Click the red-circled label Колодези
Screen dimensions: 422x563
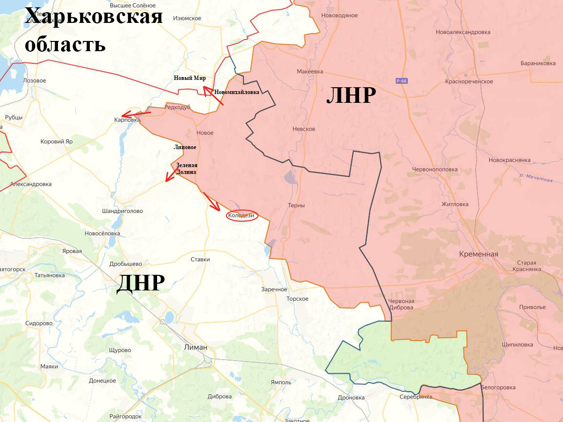point(241,215)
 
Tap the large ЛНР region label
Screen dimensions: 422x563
point(351,96)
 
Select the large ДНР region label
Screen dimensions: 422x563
point(140,282)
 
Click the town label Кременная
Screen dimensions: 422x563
point(478,254)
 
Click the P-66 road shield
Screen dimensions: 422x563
point(402,81)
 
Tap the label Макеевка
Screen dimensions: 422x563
point(310,72)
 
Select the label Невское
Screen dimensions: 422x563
point(303,129)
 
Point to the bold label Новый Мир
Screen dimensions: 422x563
point(190,78)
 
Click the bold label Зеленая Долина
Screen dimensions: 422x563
point(187,168)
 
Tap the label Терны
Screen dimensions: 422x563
point(296,205)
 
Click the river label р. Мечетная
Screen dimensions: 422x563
point(536,178)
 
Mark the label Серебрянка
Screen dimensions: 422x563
point(415,397)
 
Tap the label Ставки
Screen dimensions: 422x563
point(200,259)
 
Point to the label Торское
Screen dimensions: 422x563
point(297,299)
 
